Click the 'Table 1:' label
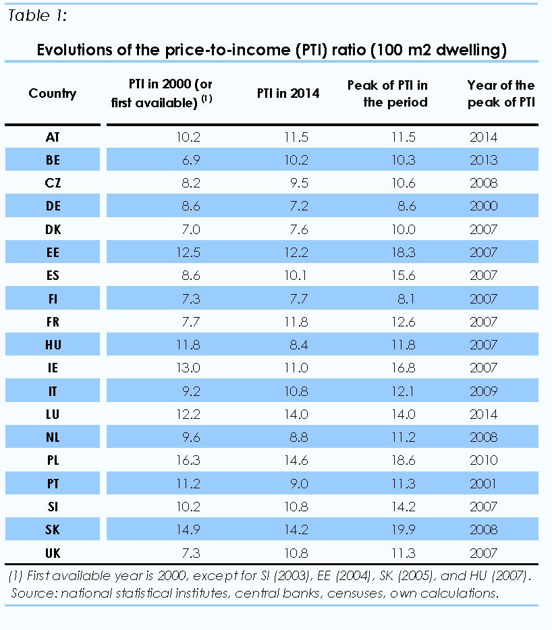click(x=37, y=17)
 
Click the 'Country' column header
click(x=53, y=94)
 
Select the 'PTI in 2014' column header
click(x=288, y=94)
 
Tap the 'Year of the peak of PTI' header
click(x=501, y=94)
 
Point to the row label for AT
click(x=53, y=137)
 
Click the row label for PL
click(x=53, y=460)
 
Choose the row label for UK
click(x=53, y=553)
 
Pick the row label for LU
click(x=53, y=414)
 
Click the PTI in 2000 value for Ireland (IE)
click(x=187, y=368)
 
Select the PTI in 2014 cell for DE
click(x=297, y=206)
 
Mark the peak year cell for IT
click(x=483, y=391)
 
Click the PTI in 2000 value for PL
click(x=187, y=460)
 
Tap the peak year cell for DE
click(x=483, y=206)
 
